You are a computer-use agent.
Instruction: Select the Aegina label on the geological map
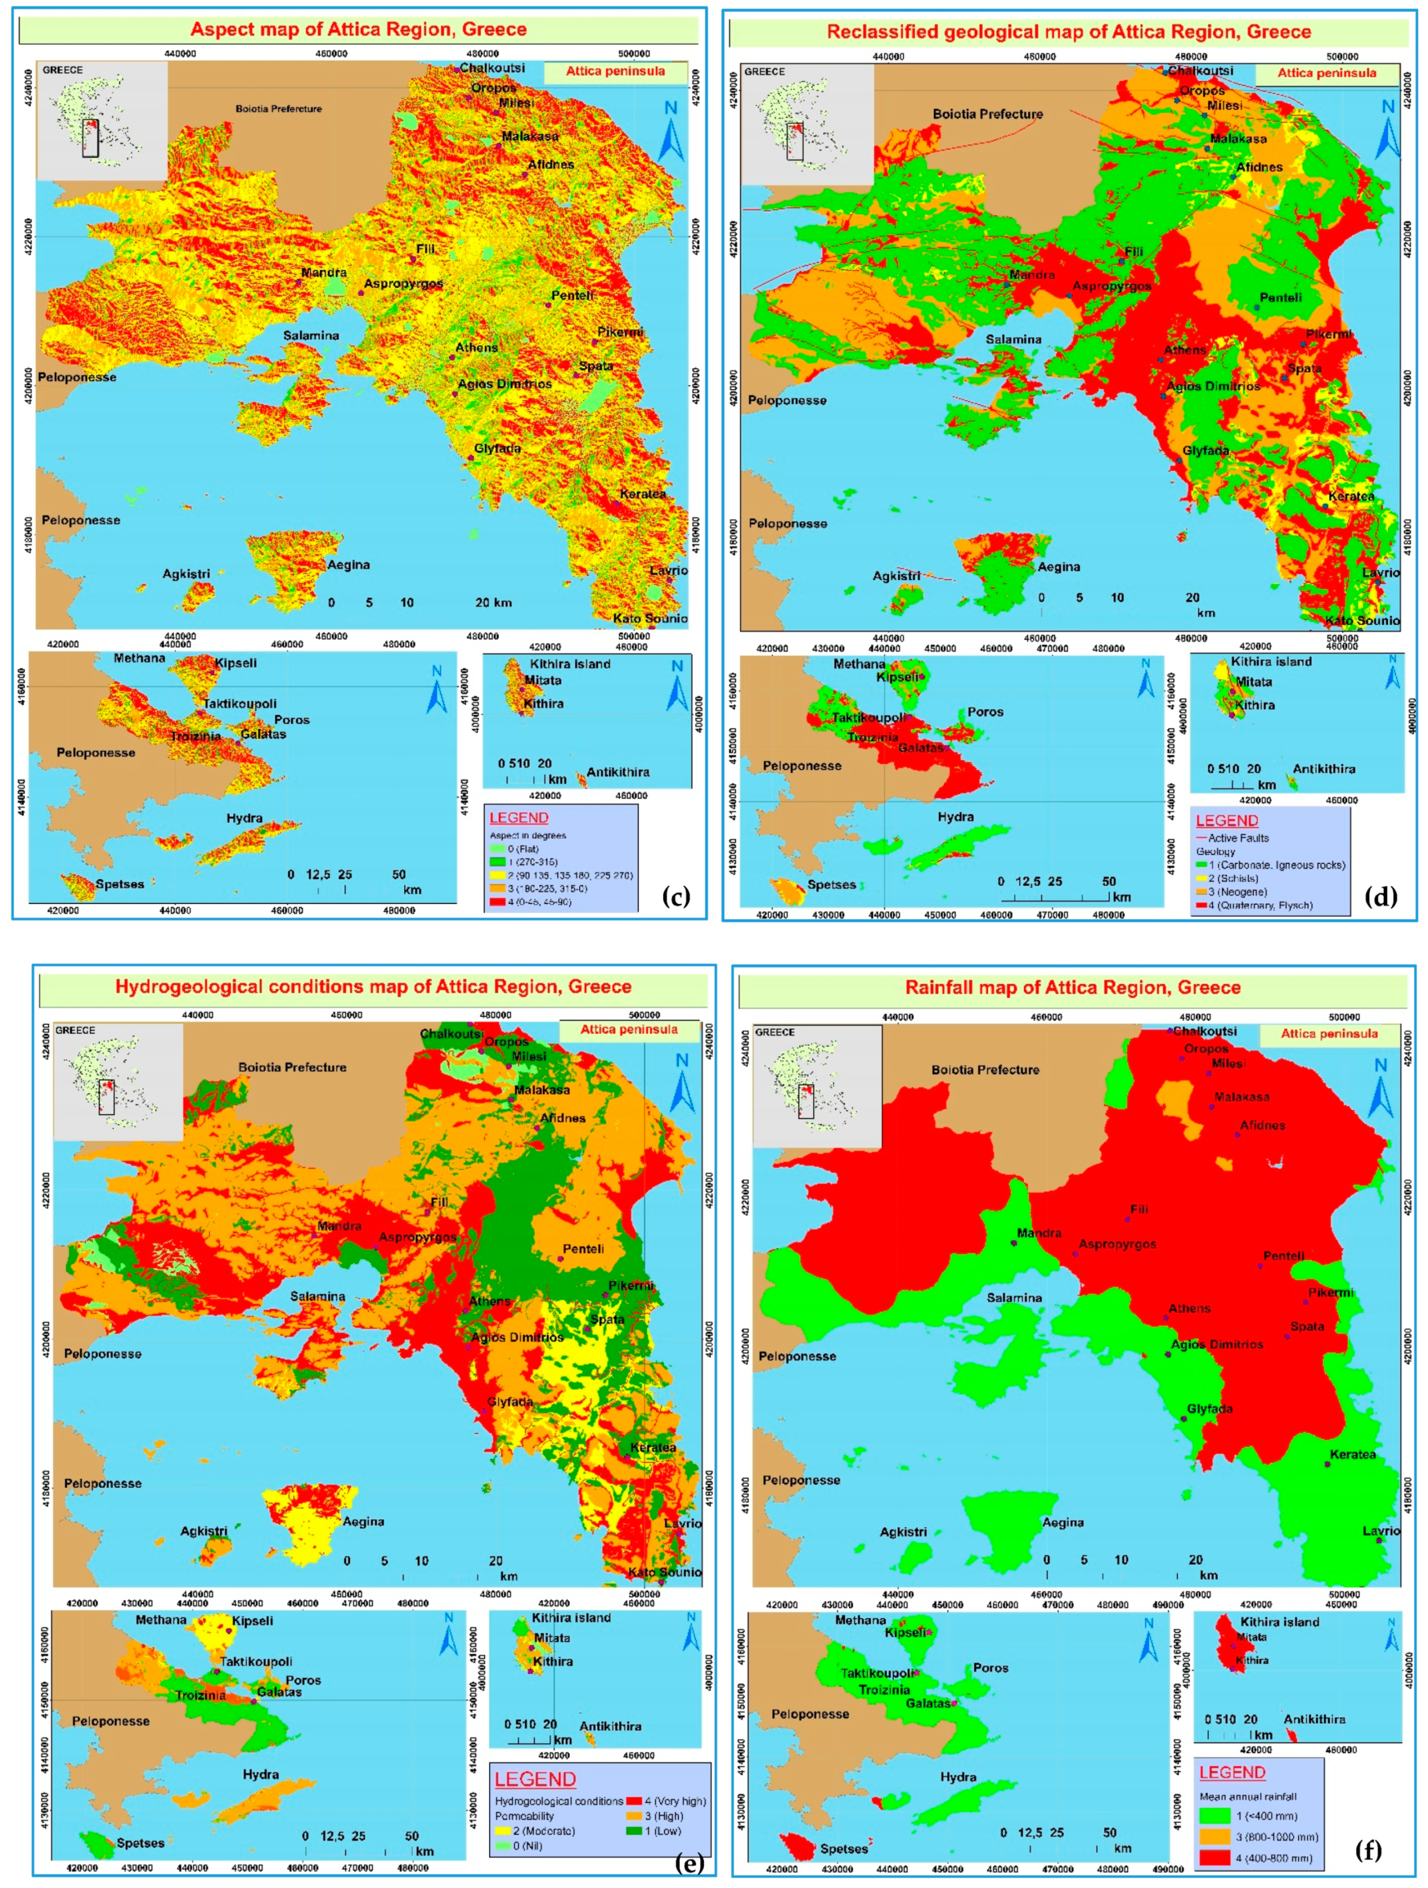tap(1058, 567)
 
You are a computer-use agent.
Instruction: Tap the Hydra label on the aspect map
tap(244, 818)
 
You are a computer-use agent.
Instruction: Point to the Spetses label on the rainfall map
tap(843, 1848)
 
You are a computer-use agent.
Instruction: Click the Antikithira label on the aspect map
tap(617, 772)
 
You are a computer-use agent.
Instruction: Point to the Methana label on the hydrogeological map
tap(160, 1619)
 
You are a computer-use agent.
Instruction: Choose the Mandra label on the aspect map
tap(324, 272)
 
